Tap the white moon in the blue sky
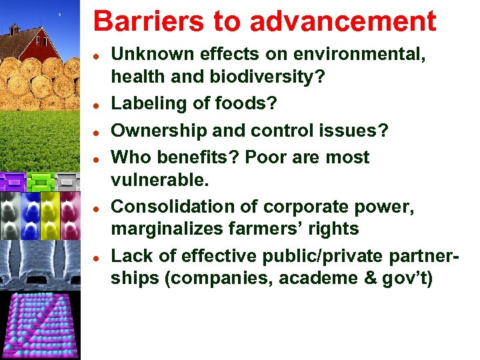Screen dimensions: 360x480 click(60, 13)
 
